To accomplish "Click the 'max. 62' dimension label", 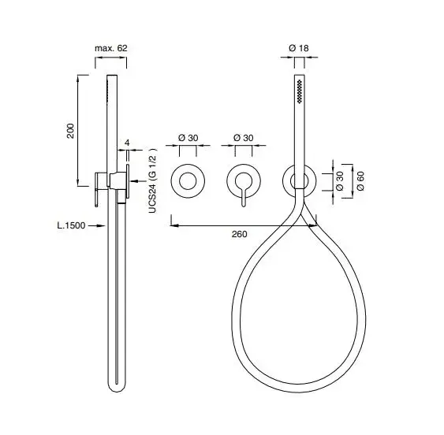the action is pyautogui.click(x=110, y=48).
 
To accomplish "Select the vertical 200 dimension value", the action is pyautogui.click(x=70, y=131).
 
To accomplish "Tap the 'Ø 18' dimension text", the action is pyautogui.click(x=299, y=48).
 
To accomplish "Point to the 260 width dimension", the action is pyautogui.click(x=239, y=234).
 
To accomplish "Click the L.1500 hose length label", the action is pyautogui.click(x=71, y=225).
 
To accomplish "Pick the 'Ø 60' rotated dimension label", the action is pyautogui.click(x=360, y=180).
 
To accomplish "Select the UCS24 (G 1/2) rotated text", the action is pyautogui.click(x=153, y=180).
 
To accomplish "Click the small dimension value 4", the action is pyautogui.click(x=128, y=143).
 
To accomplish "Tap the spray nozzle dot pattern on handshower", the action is pyautogui.click(x=300, y=91).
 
